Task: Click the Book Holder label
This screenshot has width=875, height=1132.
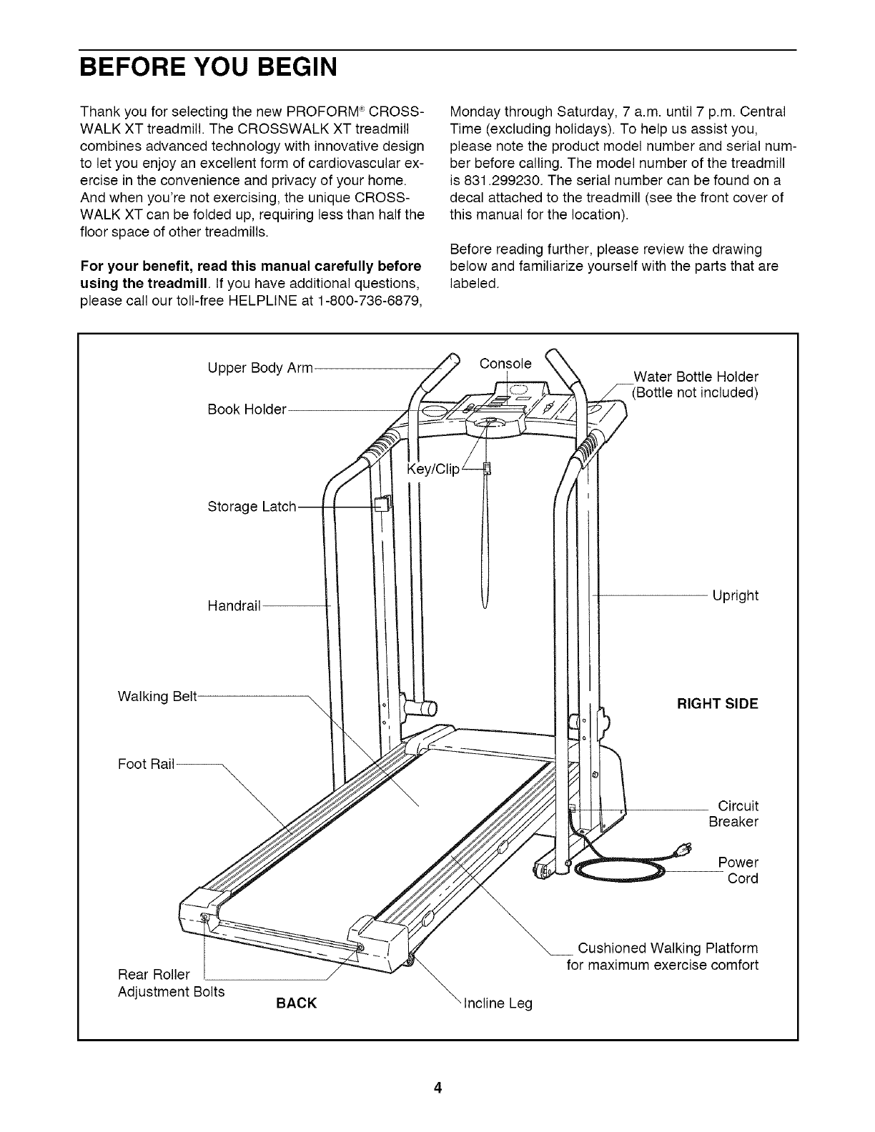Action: pos(247,409)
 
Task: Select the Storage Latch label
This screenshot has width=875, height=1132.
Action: pos(251,507)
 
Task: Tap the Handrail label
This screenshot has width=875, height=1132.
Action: pos(233,606)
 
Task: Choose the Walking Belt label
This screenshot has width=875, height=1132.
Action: pos(157,695)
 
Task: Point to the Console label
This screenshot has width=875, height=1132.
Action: pos(506,363)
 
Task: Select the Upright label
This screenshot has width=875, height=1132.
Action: pos(735,595)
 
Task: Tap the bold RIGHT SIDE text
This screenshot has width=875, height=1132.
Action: pos(717,703)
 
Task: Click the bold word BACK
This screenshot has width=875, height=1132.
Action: pos(296,1003)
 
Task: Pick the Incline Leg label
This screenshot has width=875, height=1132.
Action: pos(498,1003)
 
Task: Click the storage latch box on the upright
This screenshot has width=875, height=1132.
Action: pos(382,503)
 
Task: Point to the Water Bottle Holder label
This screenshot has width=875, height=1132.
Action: pos(696,384)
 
